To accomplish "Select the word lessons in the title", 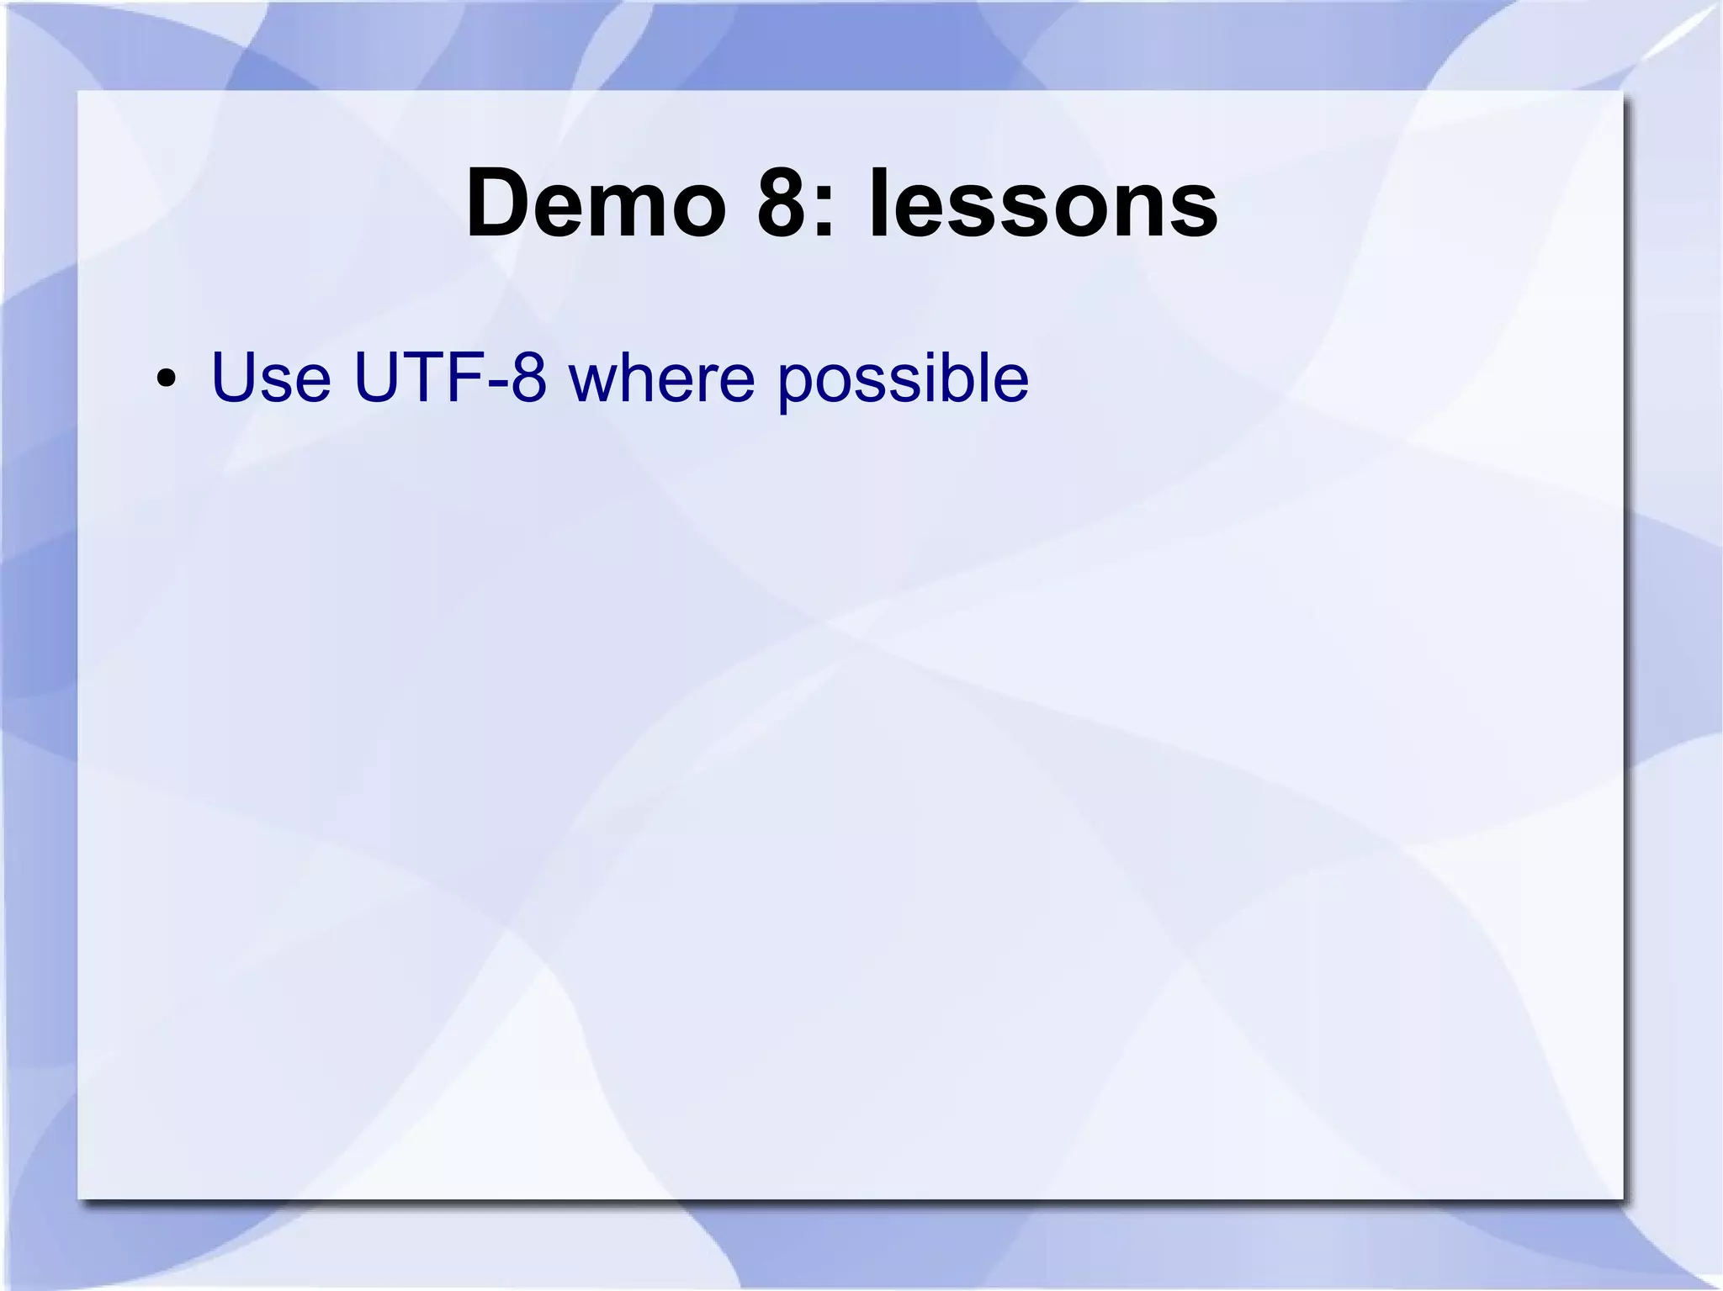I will coord(1042,204).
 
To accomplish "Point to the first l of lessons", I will coord(877,203).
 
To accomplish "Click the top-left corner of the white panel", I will coord(79,92).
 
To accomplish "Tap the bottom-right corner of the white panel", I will coord(1622,1198).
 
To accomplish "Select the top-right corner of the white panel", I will coord(1622,92).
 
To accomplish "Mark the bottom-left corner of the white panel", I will coord(79,1198).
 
